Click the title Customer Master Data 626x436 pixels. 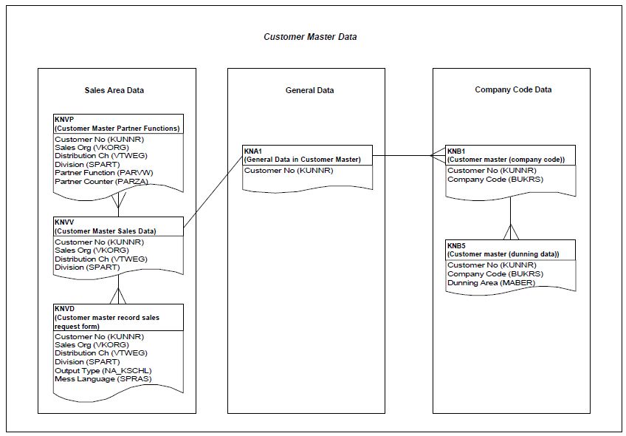[x=310, y=36]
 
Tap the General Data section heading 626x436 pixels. [x=309, y=90]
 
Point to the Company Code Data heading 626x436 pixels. [x=512, y=90]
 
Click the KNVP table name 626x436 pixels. [x=64, y=119]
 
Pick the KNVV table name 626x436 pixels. [x=65, y=222]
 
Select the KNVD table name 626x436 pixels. [x=65, y=308]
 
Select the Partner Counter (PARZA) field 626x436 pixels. [x=101, y=182]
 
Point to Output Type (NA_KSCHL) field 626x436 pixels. [x=103, y=370]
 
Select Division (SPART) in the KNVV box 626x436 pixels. [x=86, y=268]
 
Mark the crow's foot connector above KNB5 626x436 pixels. [x=511, y=231]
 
